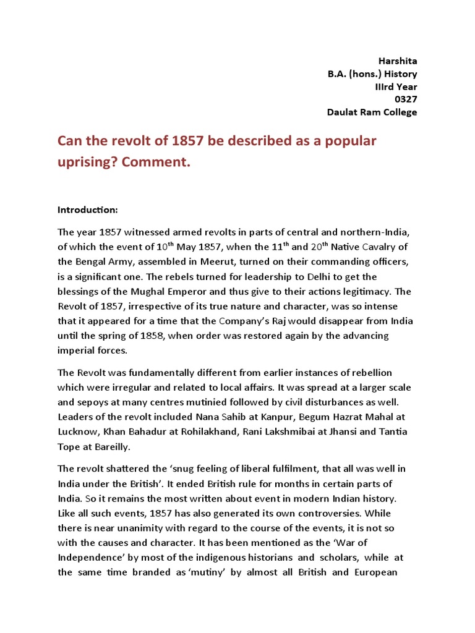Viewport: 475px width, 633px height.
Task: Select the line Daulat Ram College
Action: point(372,112)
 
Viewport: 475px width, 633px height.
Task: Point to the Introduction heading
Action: point(87,210)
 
